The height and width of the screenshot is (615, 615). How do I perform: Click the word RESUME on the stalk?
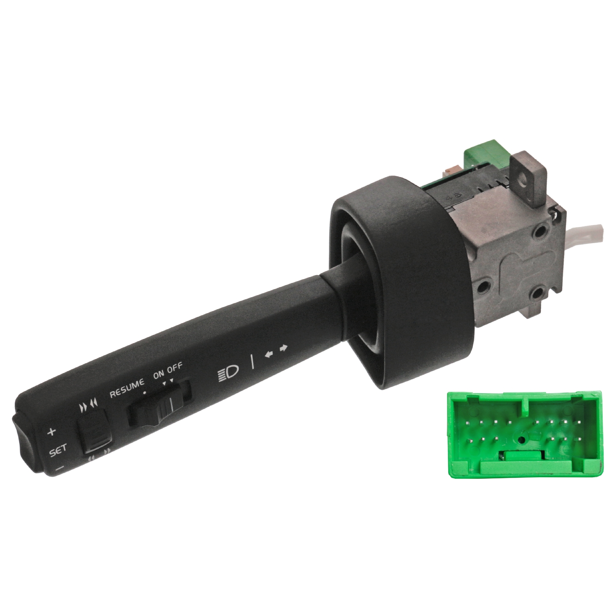[127, 387]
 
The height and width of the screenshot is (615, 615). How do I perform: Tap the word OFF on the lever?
[175, 367]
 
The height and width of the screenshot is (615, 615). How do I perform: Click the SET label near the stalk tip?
[58, 451]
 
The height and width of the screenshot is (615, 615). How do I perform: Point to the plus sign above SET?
[51, 431]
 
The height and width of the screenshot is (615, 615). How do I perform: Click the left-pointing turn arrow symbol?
[269, 354]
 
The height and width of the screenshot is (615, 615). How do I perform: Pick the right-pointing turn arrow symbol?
[283, 348]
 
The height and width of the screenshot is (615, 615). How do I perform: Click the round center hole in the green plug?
[522, 440]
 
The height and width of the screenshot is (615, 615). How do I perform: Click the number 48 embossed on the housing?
[456, 196]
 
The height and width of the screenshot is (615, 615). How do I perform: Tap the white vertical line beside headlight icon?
[252, 362]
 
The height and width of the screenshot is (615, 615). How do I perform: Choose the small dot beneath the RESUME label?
[144, 392]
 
